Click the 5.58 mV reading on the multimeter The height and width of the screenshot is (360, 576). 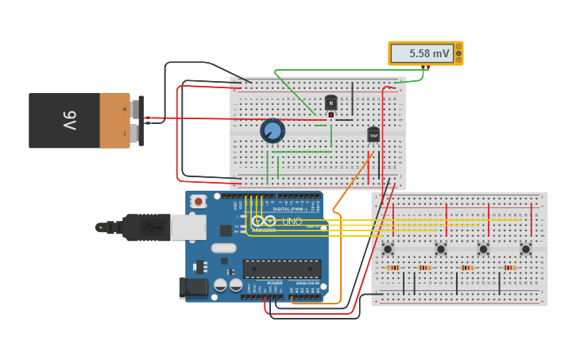pyautogui.click(x=429, y=54)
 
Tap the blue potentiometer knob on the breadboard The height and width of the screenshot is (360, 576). pyautogui.click(x=273, y=130)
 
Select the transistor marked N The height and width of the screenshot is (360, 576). pyautogui.click(x=331, y=103)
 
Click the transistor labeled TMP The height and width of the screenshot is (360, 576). pyautogui.click(x=373, y=135)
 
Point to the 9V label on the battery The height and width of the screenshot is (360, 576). pyautogui.click(x=69, y=120)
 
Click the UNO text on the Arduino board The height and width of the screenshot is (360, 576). pyautogui.click(x=292, y=221)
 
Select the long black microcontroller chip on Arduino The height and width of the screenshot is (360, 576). pyautogui.click(x=282, y=269)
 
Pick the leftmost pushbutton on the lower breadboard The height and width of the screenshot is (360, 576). pyautogui.click(x=388, y=249)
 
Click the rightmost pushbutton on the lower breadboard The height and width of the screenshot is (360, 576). pyautogui.click(x=525, y=249)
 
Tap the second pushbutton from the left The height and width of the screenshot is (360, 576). pyautogui.click(x=440, y=249)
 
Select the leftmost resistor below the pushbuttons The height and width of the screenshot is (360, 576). pyautogui.click(x=392, y=268)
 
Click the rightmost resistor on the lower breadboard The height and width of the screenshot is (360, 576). pyautogui.click(x=509, y=268)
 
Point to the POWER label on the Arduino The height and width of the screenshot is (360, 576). pyautogui.click(x=275, y=283)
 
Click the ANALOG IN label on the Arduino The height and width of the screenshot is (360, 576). pyautogui.click(x=307, y=283)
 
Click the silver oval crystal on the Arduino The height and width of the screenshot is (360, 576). pyautogui.click(x=223, y=248)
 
